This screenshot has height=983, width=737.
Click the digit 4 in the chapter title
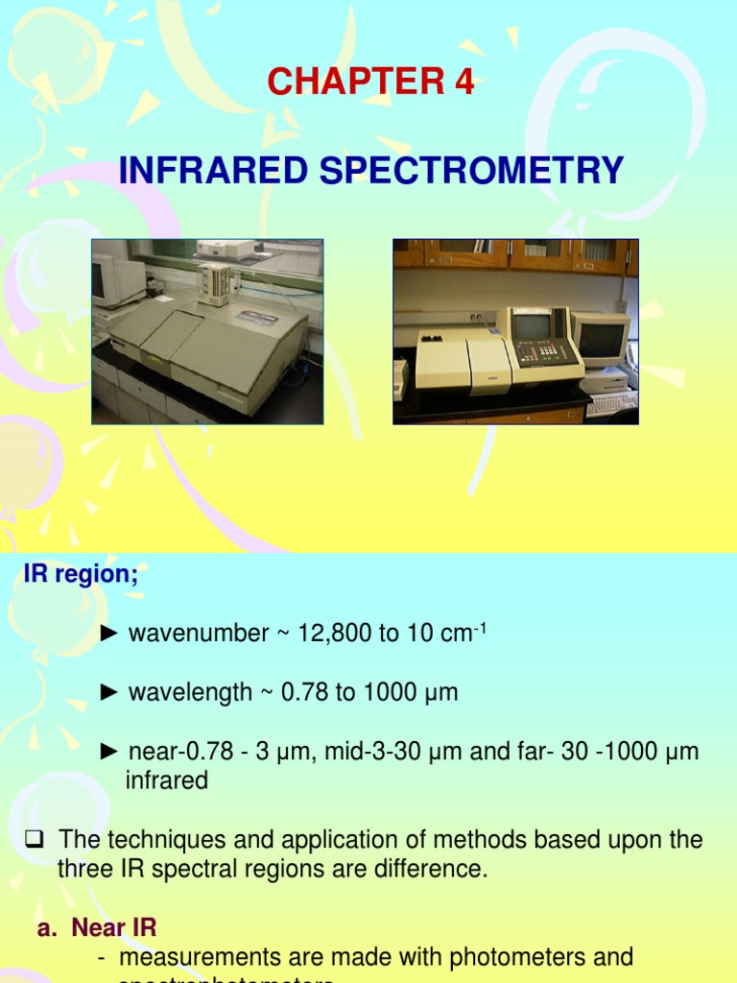click(x=464, y=84)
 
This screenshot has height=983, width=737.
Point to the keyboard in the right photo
click(x=611, y=402)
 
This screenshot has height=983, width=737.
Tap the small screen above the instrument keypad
click(x=531, y=324)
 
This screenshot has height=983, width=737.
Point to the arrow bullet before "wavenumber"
click(x=110, y=634)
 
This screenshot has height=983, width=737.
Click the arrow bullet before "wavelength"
click(x=110, y=692)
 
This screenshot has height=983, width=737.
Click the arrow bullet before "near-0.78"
click(x=110, y=753)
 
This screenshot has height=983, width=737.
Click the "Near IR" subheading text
click(x=114, y=928)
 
